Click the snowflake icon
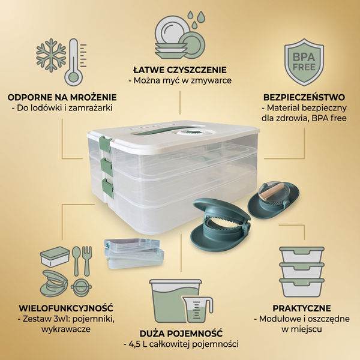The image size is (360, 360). [x=51, y=55]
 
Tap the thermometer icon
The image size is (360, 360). [x=74, y=62]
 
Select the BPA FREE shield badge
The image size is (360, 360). [x=304, y=62]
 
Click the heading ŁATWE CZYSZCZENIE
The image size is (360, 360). [x=180, y=70]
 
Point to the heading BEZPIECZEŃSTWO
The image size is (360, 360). [x=304, y=97]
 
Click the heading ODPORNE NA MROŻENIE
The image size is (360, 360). [x=62, y=97]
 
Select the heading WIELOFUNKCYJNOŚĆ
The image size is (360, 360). [x=66, y=308]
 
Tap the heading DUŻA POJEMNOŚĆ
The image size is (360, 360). [x=181, y=334]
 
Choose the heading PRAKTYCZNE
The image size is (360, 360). [x=302, y=308]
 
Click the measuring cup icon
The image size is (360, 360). [x=197, y=309]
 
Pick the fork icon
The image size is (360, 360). [x=87, y=261]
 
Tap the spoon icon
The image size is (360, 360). [x=76, y=261]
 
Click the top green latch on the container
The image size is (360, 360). [x=105, y=144]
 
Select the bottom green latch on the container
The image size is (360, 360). [x=108, y=188]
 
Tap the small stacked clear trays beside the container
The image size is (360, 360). [x=134, y=253]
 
